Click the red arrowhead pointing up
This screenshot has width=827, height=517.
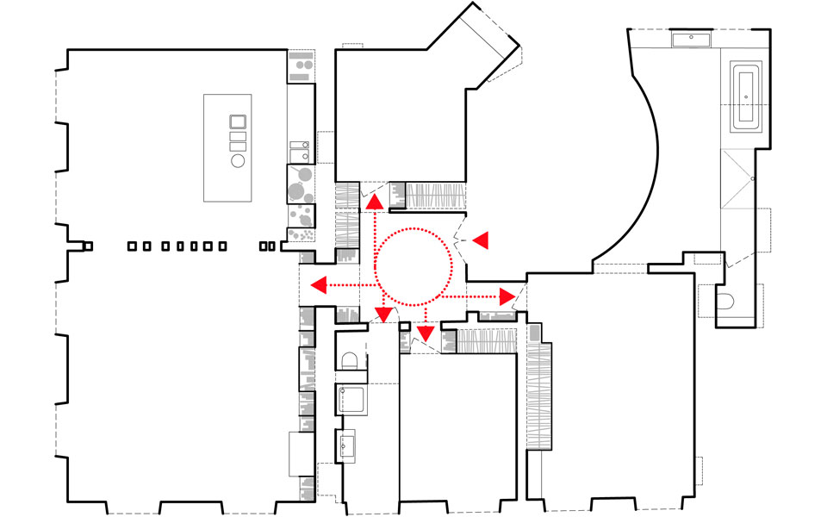374,202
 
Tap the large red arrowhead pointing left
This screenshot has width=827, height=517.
318,285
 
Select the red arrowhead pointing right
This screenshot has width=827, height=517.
507,297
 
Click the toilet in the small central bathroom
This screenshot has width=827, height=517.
351,359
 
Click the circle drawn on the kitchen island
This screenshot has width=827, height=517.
238,160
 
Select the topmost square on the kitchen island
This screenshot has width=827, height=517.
238,121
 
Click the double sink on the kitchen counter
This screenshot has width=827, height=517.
299,150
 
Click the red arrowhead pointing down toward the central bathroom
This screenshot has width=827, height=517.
382,315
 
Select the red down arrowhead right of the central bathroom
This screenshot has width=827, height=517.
423,333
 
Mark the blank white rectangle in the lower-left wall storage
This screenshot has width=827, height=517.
301,453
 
